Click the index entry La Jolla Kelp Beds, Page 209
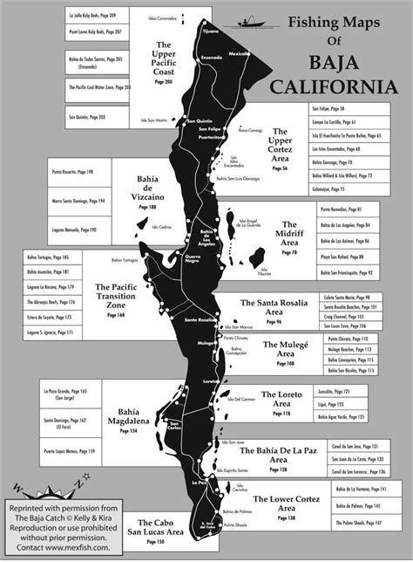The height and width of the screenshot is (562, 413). pyautogui.click(x=97, y=17)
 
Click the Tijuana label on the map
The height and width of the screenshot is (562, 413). pyautogui.click(x=210, y=31)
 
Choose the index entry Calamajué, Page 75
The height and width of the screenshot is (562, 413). pyautogui.click(x=331, y=188)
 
